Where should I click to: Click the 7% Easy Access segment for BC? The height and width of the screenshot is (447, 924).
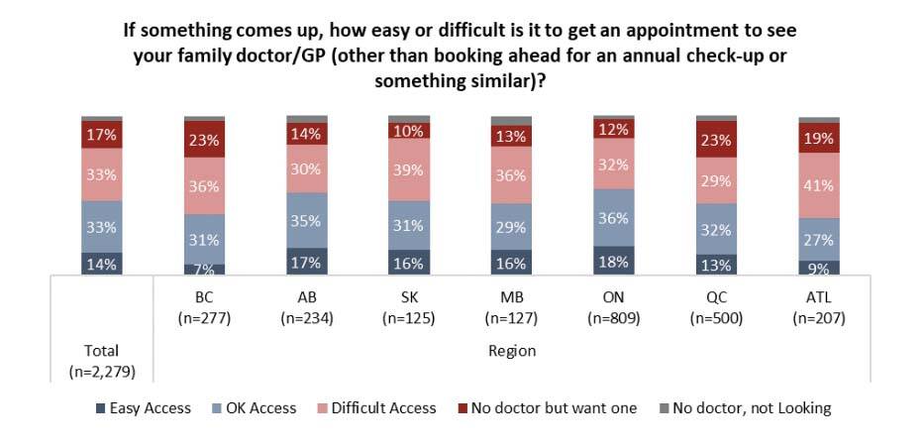(x=204, y=269)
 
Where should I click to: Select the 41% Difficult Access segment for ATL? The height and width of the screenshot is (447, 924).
(x=819, y=184)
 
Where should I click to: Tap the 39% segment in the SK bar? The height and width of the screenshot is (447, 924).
(x=409, y=169)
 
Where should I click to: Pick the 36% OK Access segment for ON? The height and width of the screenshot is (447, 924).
(x=614, y=217)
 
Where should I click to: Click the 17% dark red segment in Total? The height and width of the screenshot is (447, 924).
(x=102, y=134)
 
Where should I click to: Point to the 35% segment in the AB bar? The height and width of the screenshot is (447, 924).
(x=307, y=220)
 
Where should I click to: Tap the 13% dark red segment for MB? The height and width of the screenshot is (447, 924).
(x=511, y=136)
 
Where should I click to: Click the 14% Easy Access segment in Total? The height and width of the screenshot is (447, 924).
(x=102, y=263)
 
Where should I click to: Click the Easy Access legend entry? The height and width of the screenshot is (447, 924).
(x=144, y=407)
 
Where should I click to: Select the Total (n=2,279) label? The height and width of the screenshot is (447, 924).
(x=102, y=361)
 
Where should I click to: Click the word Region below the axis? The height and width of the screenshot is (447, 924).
(x=511, y=351)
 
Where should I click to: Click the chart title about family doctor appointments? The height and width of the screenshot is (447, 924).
(x=462, y=56)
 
